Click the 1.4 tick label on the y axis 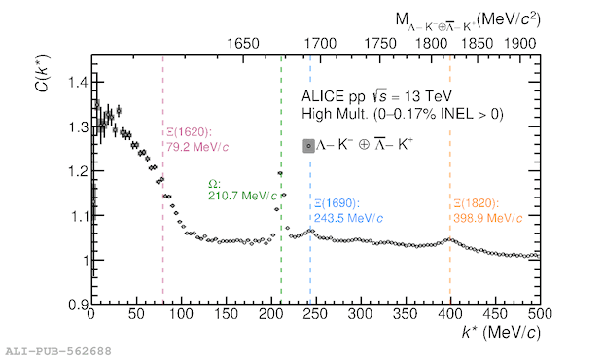coord(78,83)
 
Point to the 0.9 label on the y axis coord(78,305)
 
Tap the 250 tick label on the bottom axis coord(315,314)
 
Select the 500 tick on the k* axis coord(540,314)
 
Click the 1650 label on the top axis coord(243,44)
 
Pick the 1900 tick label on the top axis coord(519,44)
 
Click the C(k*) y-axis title coord(42,74)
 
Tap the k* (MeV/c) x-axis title coord(501,333)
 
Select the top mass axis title coord(468,20)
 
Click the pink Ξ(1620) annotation coord(189,132)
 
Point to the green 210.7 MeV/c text coord(242,197)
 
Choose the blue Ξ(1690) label coord(337,203)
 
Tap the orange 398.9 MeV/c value coord(487,219)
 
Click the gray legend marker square coord(308,146)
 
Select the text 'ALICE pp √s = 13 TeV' coord(376,96)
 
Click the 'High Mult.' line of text coord(335,114)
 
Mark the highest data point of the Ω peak coord(280,173)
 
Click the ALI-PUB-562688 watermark coord(58,351)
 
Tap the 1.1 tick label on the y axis coord(78,216)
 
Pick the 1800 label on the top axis coord(431,44)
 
